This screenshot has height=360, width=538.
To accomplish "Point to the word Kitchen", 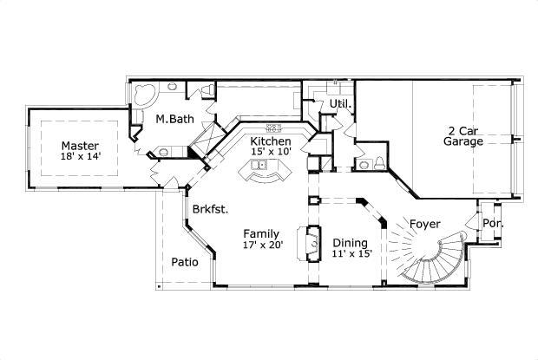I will click(271, 141).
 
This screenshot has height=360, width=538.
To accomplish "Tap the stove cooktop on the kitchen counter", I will click(275, 127).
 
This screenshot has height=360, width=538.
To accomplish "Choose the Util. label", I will click(338, 104).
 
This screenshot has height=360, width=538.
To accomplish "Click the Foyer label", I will click(425, 224).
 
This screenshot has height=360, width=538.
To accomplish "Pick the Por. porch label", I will click(493, 223).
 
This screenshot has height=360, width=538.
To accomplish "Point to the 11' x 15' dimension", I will click(351, 254).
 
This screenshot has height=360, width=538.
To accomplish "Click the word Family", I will click(259, 233).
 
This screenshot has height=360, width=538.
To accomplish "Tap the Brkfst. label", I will click(210, 209).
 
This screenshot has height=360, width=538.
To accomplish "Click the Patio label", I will click(184, 261).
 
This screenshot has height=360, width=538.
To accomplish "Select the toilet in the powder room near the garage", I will click(380, 163).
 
